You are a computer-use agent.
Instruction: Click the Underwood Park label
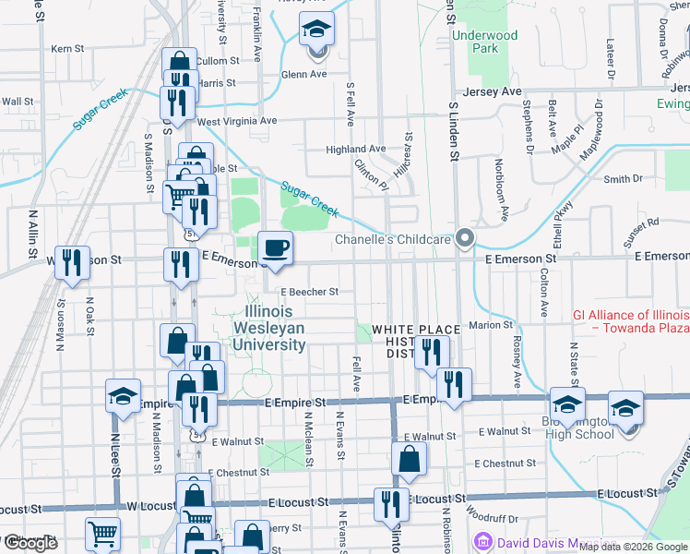coord(486,42)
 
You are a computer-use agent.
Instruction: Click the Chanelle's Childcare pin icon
coord(466,239)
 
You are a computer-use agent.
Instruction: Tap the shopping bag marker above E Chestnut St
coord(409,459)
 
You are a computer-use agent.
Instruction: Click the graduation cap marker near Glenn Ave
coord(316,30)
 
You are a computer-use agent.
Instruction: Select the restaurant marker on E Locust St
coord(391,504)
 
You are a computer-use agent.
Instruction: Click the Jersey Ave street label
coord(498,91)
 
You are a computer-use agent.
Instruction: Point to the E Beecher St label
coord(310,291)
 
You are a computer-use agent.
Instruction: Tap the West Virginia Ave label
coord(236,121)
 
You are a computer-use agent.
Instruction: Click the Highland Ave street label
coord(355,149)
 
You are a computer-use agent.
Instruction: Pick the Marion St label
coord(490,325)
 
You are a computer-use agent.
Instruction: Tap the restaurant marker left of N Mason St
coord(70,263)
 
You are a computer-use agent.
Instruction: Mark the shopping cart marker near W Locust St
coord(102,534)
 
